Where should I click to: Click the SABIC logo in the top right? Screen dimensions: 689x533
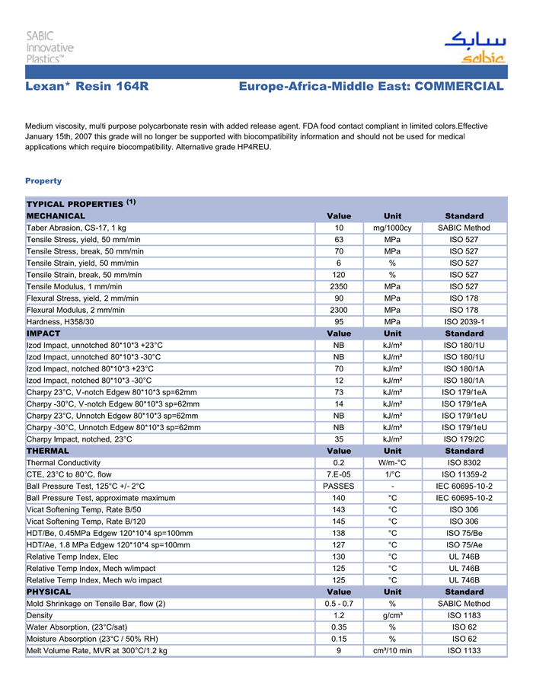474,47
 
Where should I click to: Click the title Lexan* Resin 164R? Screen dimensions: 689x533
87,87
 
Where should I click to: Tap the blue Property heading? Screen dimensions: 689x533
43,180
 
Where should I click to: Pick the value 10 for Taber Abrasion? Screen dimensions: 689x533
339,228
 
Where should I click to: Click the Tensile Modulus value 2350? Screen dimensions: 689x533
339,286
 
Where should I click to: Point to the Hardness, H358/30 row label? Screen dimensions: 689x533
60,321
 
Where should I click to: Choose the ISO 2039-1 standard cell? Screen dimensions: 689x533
464,321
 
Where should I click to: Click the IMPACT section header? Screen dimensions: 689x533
43,333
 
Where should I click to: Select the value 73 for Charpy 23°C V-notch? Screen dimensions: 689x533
339,392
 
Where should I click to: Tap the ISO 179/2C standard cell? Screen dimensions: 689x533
464,439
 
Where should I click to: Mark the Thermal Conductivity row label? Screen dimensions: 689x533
63,462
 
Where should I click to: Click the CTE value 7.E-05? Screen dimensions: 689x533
339,474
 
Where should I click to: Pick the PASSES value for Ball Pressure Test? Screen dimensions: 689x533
339,486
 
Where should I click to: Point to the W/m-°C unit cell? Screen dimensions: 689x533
392,462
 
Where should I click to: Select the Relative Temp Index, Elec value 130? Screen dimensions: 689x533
339,556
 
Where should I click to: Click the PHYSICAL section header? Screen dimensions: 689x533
49,592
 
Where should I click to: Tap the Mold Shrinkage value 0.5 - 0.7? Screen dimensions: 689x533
339,604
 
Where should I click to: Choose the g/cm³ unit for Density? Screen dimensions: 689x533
392,615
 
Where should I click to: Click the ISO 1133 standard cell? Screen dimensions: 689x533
464,650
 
